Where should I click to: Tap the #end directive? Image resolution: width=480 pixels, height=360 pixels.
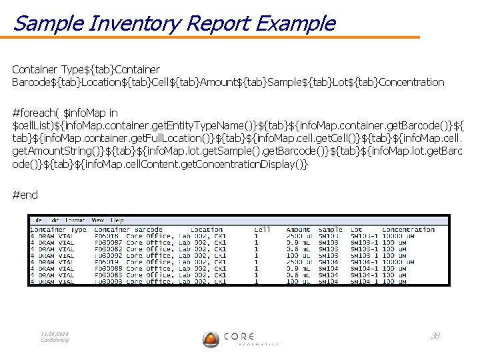pyautogui.click(x=26, y=195)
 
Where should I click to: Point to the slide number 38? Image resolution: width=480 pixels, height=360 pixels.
pyautogui.click(x=435, y=335)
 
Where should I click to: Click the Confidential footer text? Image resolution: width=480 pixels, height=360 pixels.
pyautogui.click(x=55, y=340)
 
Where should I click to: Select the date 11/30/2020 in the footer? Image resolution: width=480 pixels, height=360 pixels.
pyautogui.click(x=55, y=333)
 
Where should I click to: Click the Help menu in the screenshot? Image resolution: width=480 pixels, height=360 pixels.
pyautogui.click(x=117, y=219)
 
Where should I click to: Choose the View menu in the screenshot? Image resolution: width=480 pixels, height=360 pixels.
pyautogui.click(x=97, y=219)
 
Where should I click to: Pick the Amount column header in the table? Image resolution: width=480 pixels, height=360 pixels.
pyautogui.click(x=298, y=230)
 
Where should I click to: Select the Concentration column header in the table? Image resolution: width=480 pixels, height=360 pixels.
pyautogui.click(x=408, y=230)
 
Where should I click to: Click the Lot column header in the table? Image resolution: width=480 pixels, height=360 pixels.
pyautogui.click(x=357, y=230)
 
